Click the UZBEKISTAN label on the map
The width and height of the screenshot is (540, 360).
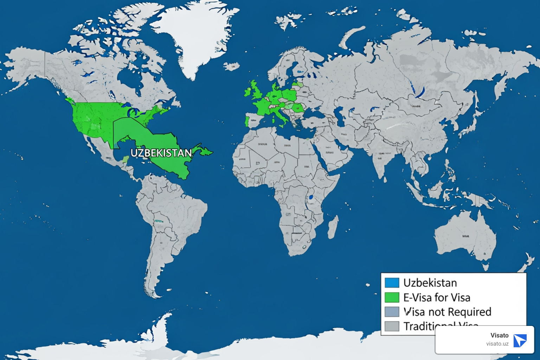pyautogui.click(x=161, y=153)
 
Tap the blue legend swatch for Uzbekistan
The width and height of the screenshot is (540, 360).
pyautogui.click(x=392, y=283)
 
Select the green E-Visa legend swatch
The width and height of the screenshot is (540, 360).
pyautogui.click(x=392, y=297)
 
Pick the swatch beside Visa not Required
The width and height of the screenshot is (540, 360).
pyautogui.click(x=392, y=312)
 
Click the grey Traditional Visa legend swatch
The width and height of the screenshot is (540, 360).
pyautogui.click(x=392, y=326)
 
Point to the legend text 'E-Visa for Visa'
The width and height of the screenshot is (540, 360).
pyautogui.click(x=437, y=297)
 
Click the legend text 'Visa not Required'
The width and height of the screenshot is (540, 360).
pyautogui.click(x=447, y=312)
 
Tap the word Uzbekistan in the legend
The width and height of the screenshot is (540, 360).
pyautogui.click(x=430, y=283)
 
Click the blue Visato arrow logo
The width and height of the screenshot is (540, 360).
pyautogui.click(x=520, y=341)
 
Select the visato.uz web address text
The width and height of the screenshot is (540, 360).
pyautogui.click(x=497, y=344)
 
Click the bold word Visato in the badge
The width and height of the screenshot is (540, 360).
pyautogui.click(x=499, y=335)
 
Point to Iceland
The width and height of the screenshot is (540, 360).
pyautogui.click(x=232, y=66)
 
